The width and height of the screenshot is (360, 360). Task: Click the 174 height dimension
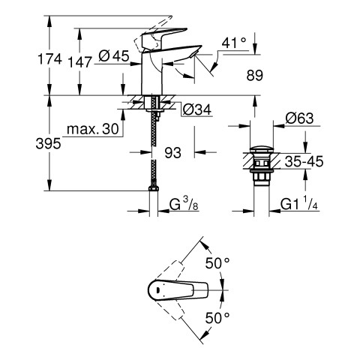(49, 59)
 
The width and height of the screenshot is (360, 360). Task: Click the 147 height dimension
(80, 62)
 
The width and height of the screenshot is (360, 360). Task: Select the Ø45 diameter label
(114, 56)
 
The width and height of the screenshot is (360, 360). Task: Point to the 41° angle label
(234, 43)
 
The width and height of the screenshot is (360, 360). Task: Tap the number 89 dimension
(255, 75)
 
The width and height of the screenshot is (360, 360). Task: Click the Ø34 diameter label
(197, 109)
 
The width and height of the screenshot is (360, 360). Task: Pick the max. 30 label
(93, 129)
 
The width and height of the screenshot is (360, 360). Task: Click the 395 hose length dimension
(48, 144)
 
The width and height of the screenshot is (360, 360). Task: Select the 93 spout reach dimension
(173, 152)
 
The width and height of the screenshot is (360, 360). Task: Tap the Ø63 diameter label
(299, 118)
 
